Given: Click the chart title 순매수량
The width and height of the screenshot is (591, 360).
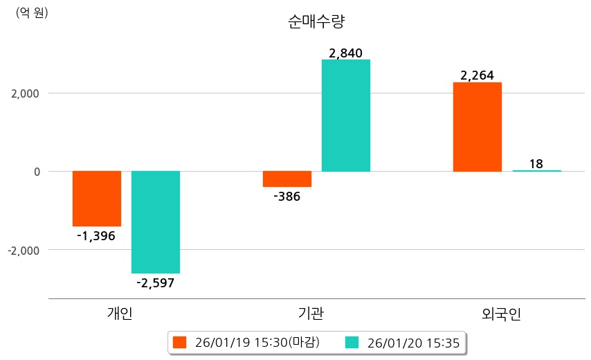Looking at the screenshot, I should [x=316, y=21].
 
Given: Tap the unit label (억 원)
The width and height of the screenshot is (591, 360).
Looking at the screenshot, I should [x=32, y=12].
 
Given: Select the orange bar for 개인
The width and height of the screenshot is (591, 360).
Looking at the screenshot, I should [x=97, y=199].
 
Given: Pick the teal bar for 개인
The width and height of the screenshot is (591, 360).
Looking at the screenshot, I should [x=156, y=222].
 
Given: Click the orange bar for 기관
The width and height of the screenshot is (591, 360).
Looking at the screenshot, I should [x=287, y=179].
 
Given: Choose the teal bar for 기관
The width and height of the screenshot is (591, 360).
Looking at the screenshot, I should [x=346, y=116].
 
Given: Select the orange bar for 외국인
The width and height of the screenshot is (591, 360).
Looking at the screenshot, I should [x=477, y=127].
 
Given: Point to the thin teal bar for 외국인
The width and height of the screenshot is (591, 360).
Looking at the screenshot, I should [x=536, y=170].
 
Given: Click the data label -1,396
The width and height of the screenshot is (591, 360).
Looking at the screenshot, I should [x=96, y=237].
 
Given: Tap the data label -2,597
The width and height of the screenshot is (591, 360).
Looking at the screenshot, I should [x=156, y=283].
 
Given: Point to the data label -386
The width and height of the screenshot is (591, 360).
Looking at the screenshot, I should [x=287, y=197].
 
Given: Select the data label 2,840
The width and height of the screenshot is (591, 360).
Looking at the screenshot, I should [x=346, y=53].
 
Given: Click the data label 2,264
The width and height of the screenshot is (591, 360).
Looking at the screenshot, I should [x=477, y=75].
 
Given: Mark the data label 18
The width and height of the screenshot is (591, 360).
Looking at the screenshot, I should [x=536, y=164].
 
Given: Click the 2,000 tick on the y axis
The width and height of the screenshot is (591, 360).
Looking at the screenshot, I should [x=24, y=93].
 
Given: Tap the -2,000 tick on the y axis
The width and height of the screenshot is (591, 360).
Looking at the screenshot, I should [x=22, y=250].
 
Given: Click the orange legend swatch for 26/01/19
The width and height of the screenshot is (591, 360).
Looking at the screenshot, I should [x=180, y=342].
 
